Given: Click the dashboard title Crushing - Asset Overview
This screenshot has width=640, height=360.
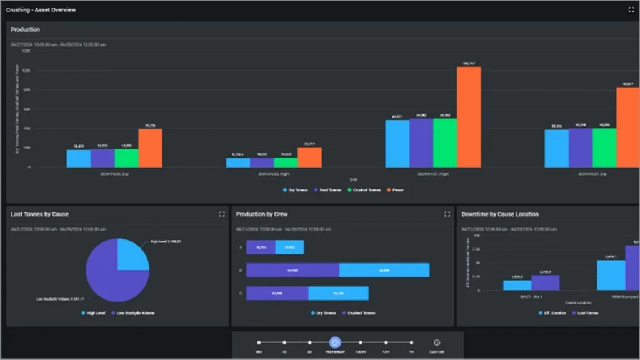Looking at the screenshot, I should (x=41, y=10).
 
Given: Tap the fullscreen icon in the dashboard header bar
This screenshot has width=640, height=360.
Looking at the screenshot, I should (x=631, y=10).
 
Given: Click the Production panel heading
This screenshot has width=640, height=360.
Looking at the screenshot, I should (x=26, y=29).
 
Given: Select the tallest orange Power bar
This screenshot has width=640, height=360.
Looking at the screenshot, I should (x=469, y=117).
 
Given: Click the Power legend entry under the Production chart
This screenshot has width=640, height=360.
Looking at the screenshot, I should (x=395, y=189).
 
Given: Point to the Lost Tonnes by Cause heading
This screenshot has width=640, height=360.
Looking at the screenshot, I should (x=40, y=214).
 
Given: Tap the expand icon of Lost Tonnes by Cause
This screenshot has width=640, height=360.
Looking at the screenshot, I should (x=222, y=214).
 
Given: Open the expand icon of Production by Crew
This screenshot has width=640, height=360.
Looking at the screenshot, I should (x=447, y=214).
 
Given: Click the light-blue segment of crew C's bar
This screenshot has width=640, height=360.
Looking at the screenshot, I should (x=338, y=293).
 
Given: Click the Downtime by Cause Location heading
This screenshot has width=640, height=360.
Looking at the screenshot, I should (x=500, y=214).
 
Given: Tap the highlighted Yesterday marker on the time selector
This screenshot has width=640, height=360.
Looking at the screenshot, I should (x=334, y=342).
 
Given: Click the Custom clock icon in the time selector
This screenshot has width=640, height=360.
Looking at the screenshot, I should (x=436, y=342).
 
